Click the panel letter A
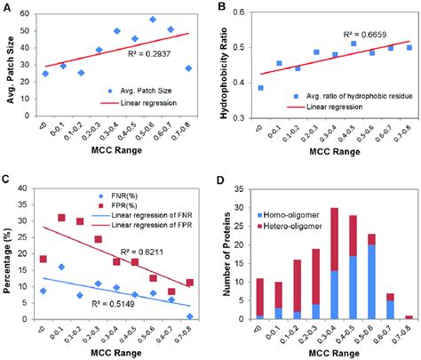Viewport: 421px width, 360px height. coord(8,7)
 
